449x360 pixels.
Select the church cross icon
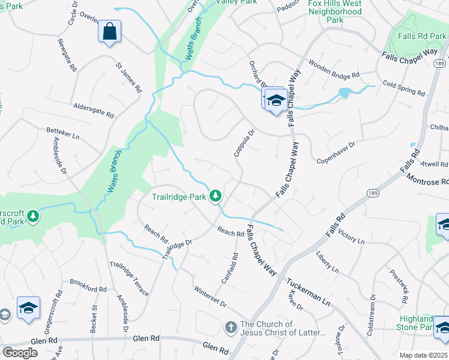(x=231, y=328)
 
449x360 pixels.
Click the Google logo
(x=20, y=353)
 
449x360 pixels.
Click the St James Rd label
(x=128, y=77)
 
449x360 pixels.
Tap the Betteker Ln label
(x=63, y=133)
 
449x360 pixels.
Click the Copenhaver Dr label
(x=336, y=145)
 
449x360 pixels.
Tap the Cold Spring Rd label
(x=403, y=89)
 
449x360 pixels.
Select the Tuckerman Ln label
(x=308, y=292)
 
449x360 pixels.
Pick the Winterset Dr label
(x=210, y=297)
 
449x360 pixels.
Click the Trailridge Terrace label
(x=129, y=279)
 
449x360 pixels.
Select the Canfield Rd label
(x=230, y=268)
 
